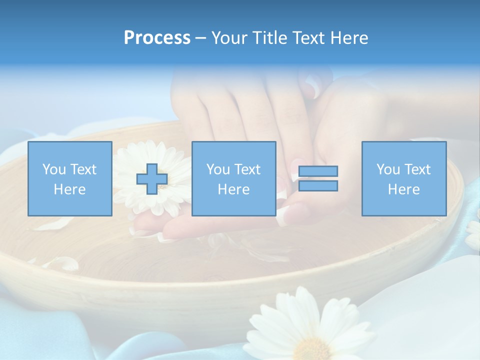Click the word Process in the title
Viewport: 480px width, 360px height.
157,38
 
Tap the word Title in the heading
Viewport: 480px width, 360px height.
270,38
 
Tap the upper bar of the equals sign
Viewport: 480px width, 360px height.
318,171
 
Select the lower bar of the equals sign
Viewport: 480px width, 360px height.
318,186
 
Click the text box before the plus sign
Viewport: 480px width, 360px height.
70,179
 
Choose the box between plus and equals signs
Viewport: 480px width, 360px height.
234,179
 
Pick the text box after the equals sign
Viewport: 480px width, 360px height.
404,179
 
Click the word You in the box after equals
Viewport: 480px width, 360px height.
388,170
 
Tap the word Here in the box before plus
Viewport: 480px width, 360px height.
70,189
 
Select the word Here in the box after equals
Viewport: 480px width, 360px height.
404,189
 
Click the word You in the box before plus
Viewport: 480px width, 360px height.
54,170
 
